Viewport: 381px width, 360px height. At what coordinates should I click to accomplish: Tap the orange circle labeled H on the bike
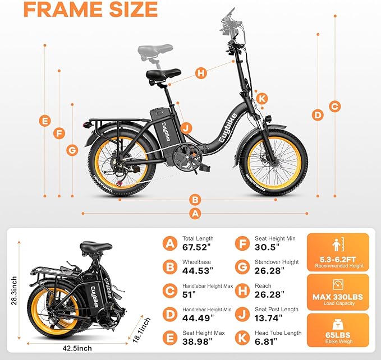(201, 73)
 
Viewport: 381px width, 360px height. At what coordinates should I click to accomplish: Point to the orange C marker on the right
(334, 106)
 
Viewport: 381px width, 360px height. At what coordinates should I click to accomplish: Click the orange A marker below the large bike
(195, 213)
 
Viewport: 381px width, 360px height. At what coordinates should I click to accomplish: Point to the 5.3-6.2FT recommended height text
(337, 262)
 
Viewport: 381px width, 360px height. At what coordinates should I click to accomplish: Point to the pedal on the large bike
(203, 167)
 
